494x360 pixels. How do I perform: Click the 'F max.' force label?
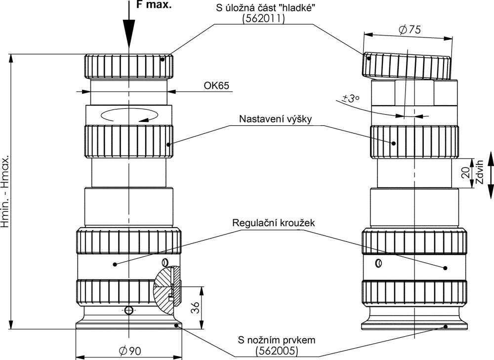(x=154, y=6)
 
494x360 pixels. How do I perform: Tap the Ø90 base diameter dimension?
(x=130, y=351)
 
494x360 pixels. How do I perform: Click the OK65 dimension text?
(x=216, y=85)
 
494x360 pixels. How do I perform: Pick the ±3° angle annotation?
(x=350, y=98)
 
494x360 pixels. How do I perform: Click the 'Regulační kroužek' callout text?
(x=274, y=222)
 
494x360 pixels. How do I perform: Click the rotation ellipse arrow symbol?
(x=129, y=115)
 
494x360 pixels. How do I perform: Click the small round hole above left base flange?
(x=129, y=310)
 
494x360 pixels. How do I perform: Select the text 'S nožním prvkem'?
(x=277, y=340)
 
